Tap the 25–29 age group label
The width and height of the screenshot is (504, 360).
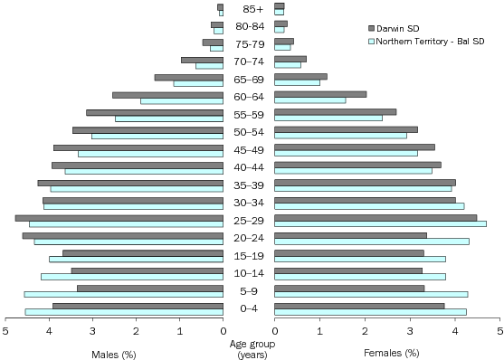click(248, 221)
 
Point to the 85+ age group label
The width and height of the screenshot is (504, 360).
click(248, 10)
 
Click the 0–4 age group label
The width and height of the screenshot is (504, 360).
click(248, 309)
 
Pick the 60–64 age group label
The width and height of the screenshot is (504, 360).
click(248, 98)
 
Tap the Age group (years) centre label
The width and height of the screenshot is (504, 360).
click(248, 348)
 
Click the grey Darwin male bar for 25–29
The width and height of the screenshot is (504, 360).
click(119, 218)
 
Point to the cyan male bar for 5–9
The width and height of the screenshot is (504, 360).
click(123, 294)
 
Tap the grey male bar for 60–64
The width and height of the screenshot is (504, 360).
click(167, 94)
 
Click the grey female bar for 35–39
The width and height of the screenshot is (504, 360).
click(365, 182)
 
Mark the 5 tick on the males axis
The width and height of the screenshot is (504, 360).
click(5, 331)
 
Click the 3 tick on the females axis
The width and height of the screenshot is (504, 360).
click(410, 331)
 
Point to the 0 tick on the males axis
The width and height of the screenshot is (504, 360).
click(223, 331)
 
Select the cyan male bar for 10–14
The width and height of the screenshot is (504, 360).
click(132, 277)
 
